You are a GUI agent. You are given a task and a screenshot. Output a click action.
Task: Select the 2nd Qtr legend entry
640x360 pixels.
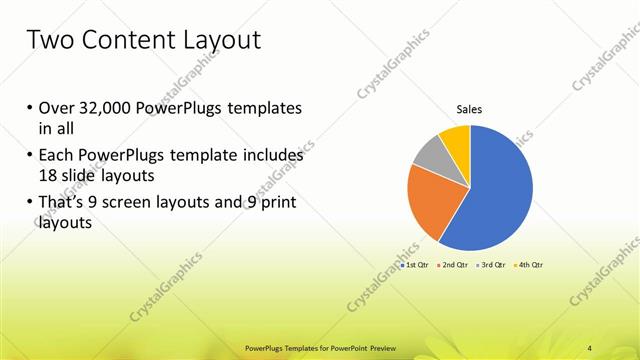454,265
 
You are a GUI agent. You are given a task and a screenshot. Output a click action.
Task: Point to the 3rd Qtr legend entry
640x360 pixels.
492,265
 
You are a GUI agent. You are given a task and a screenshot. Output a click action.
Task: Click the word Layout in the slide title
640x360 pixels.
220,41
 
